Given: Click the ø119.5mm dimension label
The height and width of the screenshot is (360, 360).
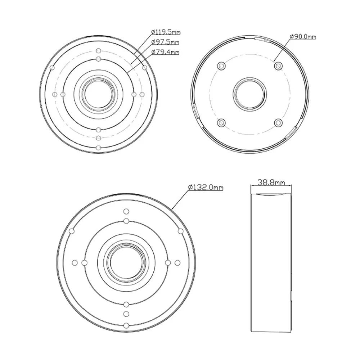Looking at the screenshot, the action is point(166,32).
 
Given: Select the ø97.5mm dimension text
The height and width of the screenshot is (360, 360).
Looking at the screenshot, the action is point(165,42).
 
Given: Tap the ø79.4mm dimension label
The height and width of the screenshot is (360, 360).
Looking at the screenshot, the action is point(165,52).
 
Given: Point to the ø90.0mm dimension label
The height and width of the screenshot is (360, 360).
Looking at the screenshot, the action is point(303,36).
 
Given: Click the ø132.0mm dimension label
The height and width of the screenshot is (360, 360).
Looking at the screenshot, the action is point(206,187).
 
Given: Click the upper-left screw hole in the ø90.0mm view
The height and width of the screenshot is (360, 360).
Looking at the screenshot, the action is point(221,66).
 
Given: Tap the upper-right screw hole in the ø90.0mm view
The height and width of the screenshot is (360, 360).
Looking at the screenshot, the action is point(278,66).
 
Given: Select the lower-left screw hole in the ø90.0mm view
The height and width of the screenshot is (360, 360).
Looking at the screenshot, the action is point(221,123).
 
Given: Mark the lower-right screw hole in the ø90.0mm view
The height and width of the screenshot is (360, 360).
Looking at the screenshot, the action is point(278,123).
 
